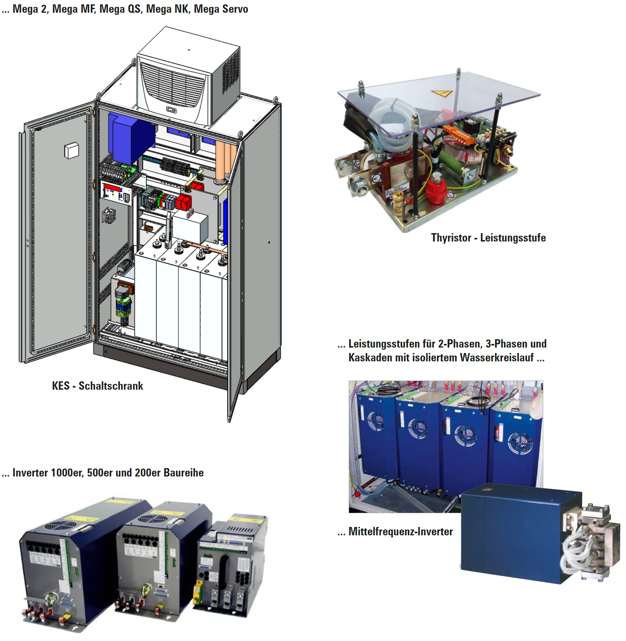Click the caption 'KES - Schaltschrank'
pyautogui.click(x=97, y=386)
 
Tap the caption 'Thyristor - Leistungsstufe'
pyautogui.click(x=488, y=238)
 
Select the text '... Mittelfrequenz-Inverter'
pyautogui.click(x=395, y=531)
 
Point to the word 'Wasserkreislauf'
pyautogui.click(x=497, y=357)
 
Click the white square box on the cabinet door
pyautogui.click(x=71, y=150)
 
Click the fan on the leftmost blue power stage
pyautogui.click(x=376, y=421)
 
